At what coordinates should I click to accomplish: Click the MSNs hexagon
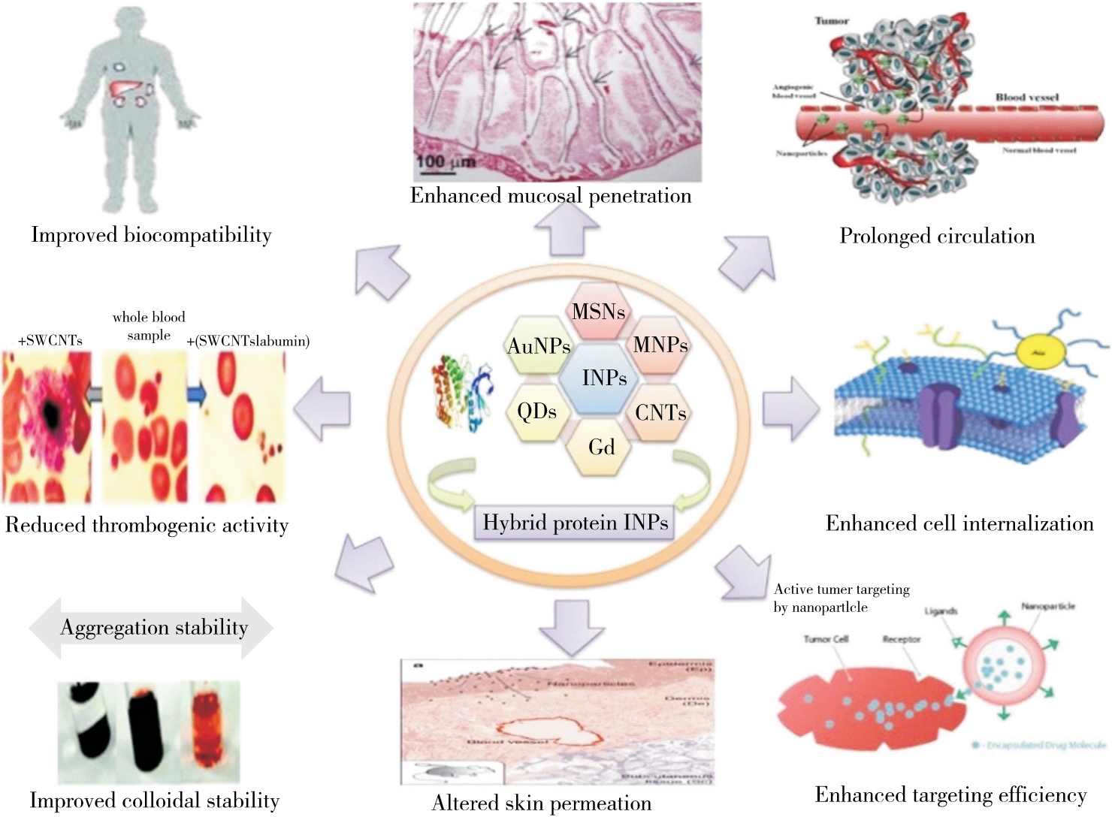point(598,311)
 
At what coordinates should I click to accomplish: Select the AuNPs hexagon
point(539,346)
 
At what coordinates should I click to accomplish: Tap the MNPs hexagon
point(660,345)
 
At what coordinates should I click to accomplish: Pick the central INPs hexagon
point(603,378)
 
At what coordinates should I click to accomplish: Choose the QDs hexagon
point(536,412)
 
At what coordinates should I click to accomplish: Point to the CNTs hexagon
point(660,412)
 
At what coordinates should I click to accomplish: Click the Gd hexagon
point(601,447)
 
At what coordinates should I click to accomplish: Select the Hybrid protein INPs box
point(575,523)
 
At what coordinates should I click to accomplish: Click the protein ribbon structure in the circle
point(460,393)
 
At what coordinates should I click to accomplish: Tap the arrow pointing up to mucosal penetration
point(567,228)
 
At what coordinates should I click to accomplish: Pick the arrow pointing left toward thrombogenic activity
point(323,408)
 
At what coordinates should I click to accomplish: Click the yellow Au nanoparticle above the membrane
point(1040,351)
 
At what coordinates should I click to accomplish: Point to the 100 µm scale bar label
point(446,160)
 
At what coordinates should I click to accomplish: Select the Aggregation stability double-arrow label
point(153,628)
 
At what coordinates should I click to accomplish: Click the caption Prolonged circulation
point(937,236)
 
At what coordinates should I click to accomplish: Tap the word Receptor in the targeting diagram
point(901,639)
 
